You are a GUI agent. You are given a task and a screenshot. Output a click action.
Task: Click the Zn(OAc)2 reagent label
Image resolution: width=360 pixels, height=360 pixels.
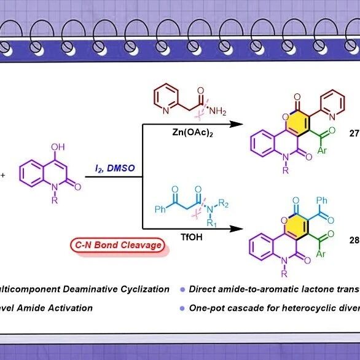192,133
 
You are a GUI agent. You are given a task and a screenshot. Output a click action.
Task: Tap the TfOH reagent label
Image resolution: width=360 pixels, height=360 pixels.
192,237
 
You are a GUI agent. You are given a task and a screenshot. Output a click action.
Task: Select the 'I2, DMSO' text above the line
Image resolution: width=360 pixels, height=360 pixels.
115,168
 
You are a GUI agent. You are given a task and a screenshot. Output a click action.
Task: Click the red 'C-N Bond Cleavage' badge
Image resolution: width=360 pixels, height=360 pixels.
118,245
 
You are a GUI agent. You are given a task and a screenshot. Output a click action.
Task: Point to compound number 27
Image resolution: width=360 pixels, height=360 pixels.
354,133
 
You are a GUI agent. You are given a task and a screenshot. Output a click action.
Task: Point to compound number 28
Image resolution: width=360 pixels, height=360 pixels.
354,240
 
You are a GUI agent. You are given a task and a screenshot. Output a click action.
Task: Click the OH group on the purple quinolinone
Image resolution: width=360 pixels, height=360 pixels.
58,147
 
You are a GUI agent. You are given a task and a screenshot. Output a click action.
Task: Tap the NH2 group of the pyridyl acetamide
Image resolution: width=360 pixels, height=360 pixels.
217,111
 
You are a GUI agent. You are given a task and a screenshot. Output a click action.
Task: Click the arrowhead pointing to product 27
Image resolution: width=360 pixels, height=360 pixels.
237,124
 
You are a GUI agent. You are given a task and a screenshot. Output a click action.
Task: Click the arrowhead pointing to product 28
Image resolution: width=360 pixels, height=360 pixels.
237,229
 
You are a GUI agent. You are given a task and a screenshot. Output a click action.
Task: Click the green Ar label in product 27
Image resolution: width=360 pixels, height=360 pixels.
322,151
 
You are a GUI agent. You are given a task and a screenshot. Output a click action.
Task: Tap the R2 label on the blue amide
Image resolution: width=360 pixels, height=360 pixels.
224,203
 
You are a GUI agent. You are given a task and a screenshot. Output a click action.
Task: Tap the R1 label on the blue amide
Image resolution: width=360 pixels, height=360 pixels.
211,222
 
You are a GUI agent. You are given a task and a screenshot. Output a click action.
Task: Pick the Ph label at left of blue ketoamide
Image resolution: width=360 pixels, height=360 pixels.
160,209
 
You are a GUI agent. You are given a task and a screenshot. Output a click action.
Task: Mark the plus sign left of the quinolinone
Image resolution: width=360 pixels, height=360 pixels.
2,176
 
